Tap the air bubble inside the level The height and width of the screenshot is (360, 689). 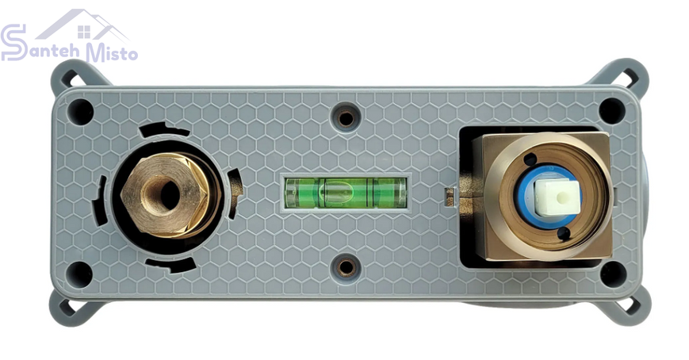coord(335,192)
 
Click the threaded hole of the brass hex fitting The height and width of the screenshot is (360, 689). coord(168,193)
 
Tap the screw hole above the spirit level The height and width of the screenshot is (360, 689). coord(346,117)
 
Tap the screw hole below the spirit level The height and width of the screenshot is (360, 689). coord(346,266)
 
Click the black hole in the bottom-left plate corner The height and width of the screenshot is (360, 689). coord(80,274)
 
